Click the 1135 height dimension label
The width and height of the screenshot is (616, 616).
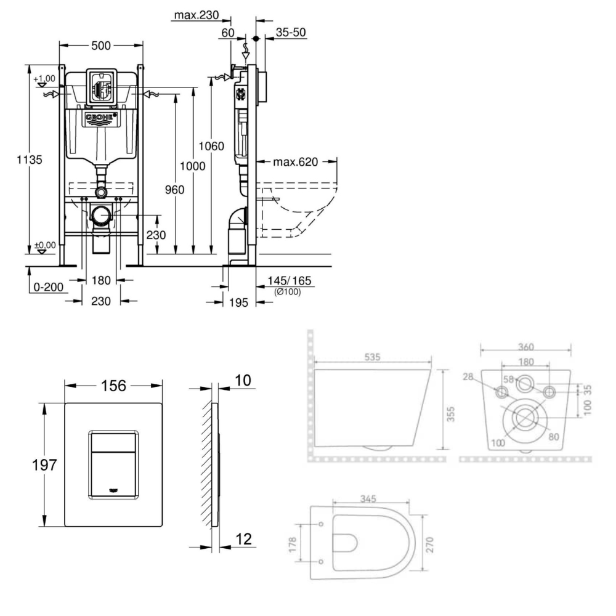[30, 160]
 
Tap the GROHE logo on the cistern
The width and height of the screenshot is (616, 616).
[102, 118]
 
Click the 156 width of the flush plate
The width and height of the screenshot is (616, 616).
[113, 386]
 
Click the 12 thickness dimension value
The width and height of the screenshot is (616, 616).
[244, 539]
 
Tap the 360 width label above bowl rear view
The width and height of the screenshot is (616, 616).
[525, 347]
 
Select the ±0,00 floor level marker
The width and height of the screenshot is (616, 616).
[44, 245]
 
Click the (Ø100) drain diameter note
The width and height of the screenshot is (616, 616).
[288, 293]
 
